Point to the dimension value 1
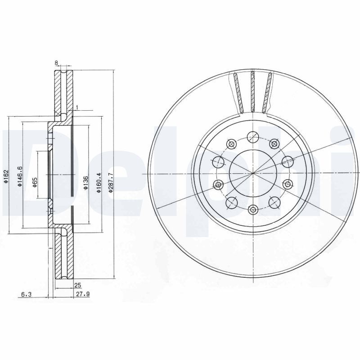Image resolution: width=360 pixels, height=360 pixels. pyautogui.click(x=77, y=107)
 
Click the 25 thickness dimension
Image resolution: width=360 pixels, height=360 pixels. pyautogui.click(x=77, y=285)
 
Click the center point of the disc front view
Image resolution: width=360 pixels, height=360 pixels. pyautogui.click(x=253, y=173)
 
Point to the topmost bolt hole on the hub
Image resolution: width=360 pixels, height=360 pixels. pyautogui.click(x=253, y=136)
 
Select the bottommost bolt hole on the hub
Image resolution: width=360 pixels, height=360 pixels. pyautogui.click(x=253, y=209)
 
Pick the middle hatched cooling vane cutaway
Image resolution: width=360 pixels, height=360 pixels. pyautogui.click(x=253, y=91)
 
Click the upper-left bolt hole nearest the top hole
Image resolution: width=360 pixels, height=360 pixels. pyautogui.click(x=232, y=144)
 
